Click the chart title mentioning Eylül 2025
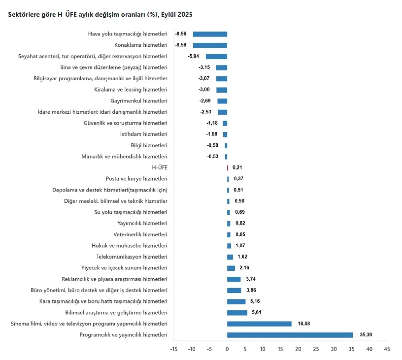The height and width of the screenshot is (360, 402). coord(100,14)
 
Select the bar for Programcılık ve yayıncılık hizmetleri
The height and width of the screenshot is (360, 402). coord(290,335)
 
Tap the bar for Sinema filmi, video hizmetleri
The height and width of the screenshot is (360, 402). coord(259,324)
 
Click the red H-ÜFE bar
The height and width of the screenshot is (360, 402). coord(228,168)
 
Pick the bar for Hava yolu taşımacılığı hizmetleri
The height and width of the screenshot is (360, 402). coord(210,34)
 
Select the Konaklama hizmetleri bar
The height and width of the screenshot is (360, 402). coord(210,45)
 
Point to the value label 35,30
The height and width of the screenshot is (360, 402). coord(366,335)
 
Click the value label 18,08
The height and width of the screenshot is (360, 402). coord(304,324)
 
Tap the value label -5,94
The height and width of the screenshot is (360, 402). coord(193,56)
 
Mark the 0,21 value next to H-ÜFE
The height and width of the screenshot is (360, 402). coord(237,168)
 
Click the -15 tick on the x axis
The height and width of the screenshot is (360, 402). coord(174,349)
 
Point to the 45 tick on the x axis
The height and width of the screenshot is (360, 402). coord(387,349)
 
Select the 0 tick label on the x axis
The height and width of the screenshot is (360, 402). coord(227,349)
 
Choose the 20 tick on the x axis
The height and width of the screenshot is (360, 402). coord(298,349)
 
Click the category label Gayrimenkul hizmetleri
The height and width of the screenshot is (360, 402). coord(139,101)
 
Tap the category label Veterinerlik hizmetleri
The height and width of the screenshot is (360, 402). coord(140,234)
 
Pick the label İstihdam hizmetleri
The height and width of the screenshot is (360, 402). coord(144,134)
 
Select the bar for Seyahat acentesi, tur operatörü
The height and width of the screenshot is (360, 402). coord(216,56)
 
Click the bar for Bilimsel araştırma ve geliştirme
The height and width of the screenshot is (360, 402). coord(237,313)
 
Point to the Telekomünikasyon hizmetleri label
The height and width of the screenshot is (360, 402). coord(132,257)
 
